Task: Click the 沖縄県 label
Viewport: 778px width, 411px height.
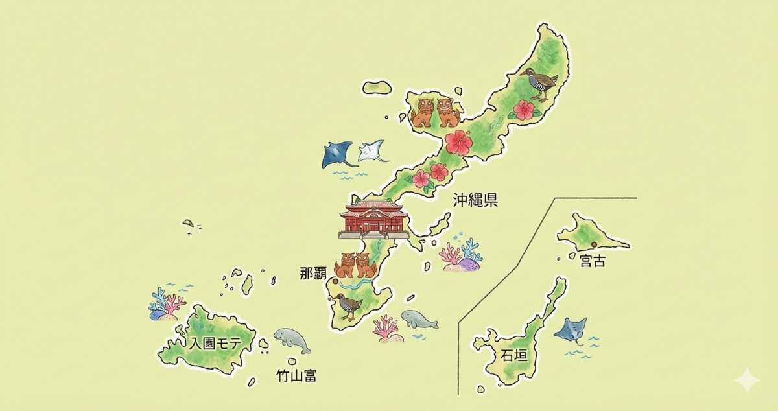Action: coord(475,200)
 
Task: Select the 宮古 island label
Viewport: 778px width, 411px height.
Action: coord(593,262)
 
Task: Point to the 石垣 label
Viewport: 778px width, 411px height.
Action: coord(514,355)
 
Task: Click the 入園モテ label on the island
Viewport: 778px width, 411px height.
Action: coord(211,344)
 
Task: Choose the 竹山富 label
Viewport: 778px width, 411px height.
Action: coord(296,375)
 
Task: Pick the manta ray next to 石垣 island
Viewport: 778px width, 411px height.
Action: coord(571,329)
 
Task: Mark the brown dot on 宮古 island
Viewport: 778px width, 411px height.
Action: coord(593,244)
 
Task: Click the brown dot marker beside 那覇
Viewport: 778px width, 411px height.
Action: coord(335,281)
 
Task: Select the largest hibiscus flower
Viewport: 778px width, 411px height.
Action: coord(458,142)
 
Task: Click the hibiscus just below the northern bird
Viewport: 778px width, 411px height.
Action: coord(523,110)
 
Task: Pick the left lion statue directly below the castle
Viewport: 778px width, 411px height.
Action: coord(344,265)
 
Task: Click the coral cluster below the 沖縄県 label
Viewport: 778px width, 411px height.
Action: coord(461,255)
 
